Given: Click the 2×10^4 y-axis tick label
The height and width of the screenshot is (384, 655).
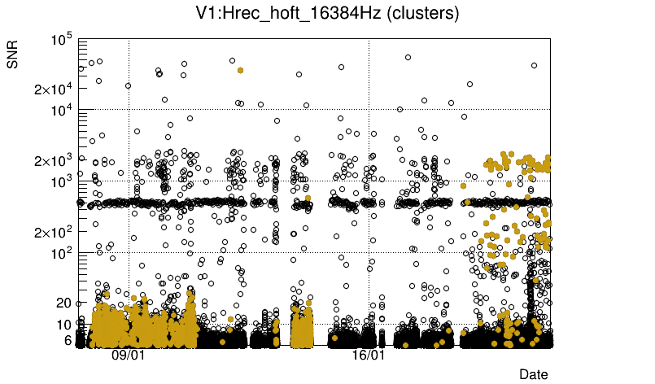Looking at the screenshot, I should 53,89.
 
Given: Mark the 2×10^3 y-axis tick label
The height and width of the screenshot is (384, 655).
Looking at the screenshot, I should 53,160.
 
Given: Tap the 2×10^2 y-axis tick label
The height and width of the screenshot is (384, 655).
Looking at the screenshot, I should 53,232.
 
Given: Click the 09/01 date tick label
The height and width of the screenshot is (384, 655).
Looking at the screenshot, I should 128,356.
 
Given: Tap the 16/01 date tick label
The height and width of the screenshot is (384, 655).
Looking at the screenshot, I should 368,356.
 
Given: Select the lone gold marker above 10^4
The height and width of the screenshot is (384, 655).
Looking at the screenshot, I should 240,70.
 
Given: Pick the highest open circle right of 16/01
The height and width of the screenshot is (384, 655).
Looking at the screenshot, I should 408,57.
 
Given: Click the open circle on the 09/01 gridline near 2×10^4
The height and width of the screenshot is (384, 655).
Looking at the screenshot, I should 129,85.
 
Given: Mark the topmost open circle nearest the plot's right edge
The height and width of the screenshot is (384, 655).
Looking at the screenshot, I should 535,65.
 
